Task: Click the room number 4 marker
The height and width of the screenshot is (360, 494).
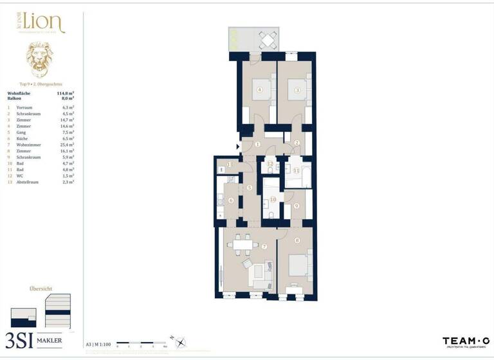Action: (259, 90)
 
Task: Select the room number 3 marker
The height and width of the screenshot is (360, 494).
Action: (297, 90)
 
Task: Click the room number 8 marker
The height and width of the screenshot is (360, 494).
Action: (297, 240)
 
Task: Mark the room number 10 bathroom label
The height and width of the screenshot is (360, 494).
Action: (272, 200)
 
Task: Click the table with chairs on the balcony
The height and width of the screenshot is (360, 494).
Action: (267, 40)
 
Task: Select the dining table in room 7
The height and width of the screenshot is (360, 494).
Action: (242, 243)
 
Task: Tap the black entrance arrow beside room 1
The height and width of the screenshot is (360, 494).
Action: (239, 147)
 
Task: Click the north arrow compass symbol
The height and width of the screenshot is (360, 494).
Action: (179, 343)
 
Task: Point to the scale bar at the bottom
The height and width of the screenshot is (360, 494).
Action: (145, 344)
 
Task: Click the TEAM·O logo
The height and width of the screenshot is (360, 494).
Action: (466, 341)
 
